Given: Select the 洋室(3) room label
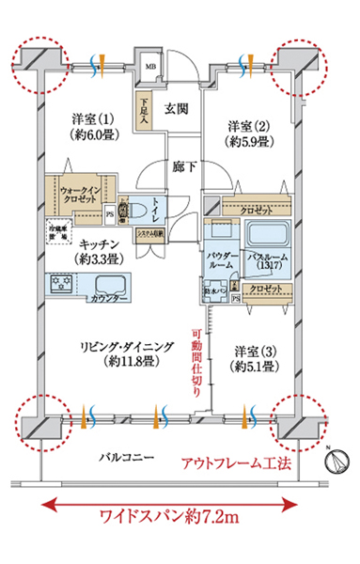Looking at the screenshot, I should pyautogui.click(x=255, y=359).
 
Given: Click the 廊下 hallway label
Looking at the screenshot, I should pyautogui.click(x=183, y=166).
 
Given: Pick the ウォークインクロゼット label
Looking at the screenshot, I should pyautogui.click(x=87, y=196).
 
